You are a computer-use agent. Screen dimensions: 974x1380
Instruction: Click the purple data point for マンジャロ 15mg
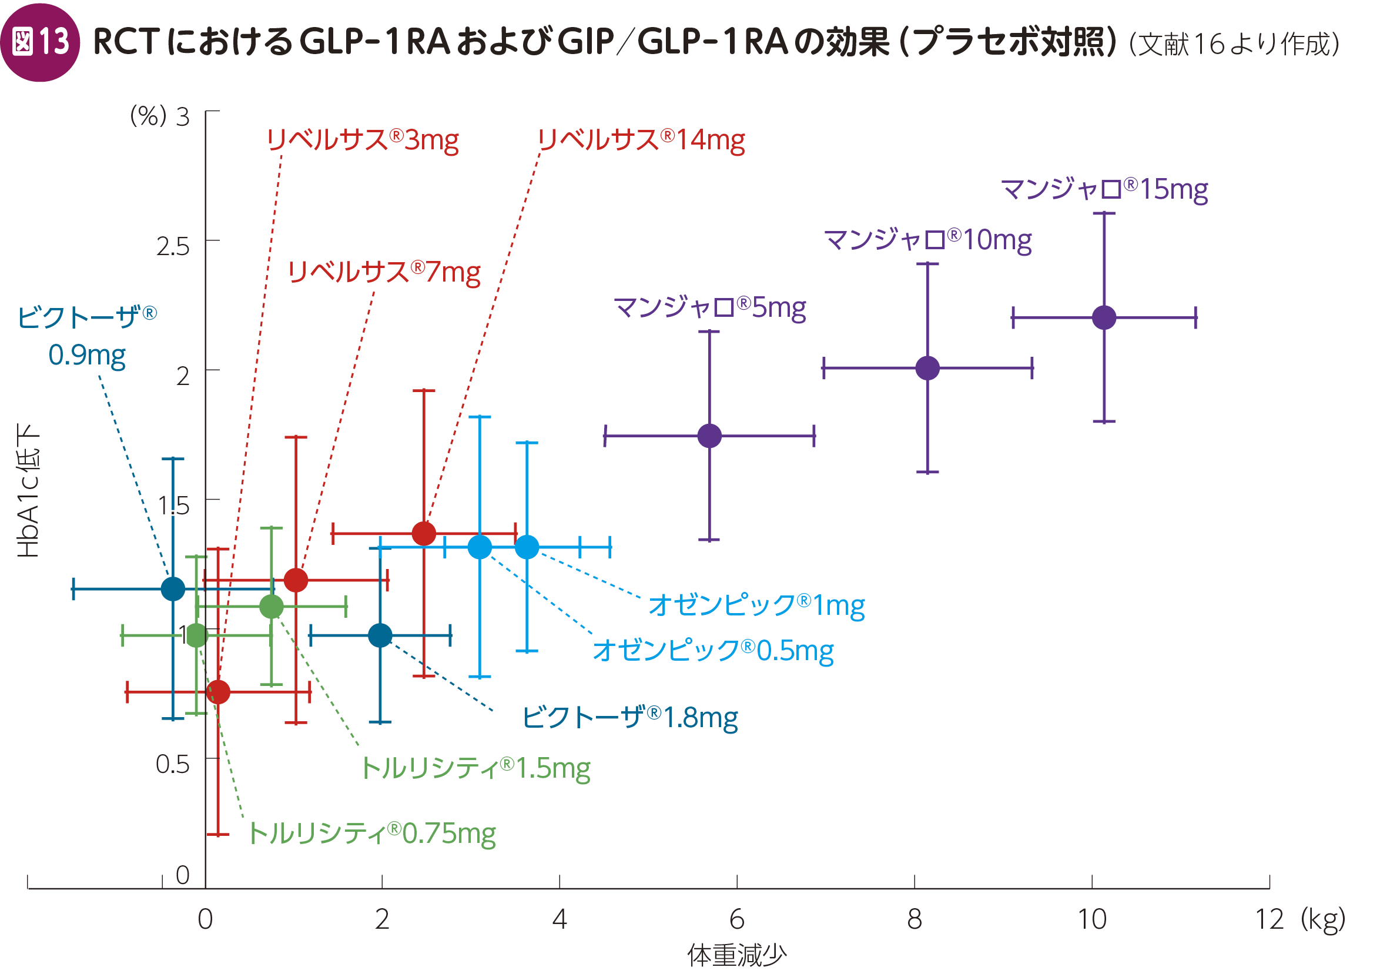click(1104, 317)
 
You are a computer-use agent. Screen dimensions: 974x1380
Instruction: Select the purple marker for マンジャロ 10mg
click(927, 368)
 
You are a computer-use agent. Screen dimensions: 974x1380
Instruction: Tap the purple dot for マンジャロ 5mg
click(709, 436)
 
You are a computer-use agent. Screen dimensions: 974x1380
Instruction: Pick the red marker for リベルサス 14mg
click(424, 533)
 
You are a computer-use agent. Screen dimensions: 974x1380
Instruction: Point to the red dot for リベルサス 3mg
click(217, 692)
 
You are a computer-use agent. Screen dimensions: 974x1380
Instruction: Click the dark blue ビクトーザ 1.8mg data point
click(380, 635)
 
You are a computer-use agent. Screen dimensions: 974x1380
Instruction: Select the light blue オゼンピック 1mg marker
click(527, 547)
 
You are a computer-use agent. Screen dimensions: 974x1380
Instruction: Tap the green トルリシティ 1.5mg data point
click(271, 607)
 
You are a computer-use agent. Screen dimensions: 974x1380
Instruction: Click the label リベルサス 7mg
click(384, 272)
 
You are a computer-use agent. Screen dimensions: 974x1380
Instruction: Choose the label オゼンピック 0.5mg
click(713, 651)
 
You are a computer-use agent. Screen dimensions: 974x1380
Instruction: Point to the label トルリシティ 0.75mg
click(372, 834)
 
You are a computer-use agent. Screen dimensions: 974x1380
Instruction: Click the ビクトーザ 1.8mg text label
click(630, 718)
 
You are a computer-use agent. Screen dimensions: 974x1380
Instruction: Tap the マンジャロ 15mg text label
click(1104, 189)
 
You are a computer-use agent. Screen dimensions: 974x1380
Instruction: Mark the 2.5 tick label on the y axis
click(173, 246)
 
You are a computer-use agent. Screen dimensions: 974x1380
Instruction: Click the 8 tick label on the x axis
click(914, 919)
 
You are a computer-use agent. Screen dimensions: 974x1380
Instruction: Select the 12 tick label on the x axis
click(1269, 919)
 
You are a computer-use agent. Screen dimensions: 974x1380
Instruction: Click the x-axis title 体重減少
click(737, 955)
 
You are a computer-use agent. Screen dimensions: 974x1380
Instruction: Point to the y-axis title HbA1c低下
click(28, 490)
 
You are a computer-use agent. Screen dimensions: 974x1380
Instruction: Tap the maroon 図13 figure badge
click(39, 42)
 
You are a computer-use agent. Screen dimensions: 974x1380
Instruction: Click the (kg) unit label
click(1322, 919)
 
